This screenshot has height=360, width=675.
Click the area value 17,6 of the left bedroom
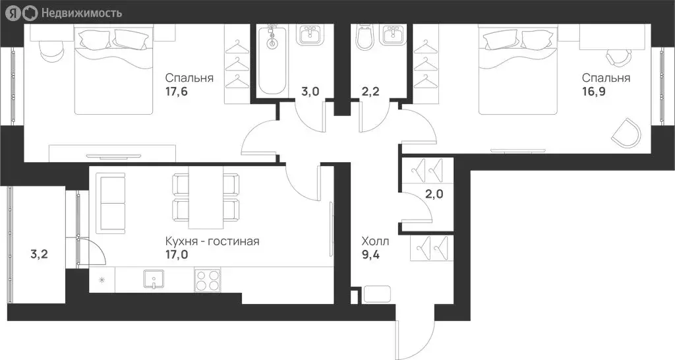coord(177,92)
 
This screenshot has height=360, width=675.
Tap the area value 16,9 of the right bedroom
coord(593,92)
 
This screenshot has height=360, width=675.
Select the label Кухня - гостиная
coord(212,241)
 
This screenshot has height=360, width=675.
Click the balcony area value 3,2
coord(40,252)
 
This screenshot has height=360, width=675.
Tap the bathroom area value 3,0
coord(310,92)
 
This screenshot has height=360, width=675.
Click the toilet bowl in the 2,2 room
coord(363,39)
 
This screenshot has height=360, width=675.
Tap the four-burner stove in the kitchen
coord(208,282)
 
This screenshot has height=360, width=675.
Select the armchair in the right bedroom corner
coord(626,133)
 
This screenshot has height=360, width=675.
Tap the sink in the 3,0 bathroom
coord(309,35)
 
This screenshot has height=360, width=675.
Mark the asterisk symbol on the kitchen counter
coord(102,280)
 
